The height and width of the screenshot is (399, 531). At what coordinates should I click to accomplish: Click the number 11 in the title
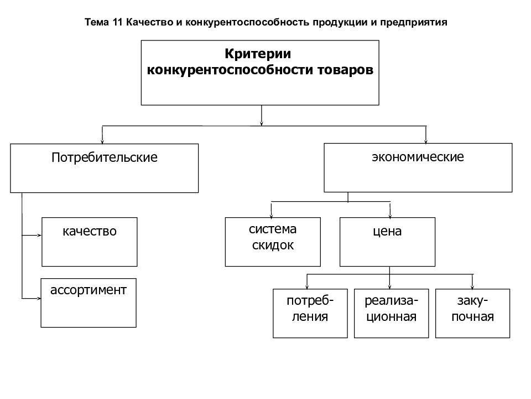(117, 22)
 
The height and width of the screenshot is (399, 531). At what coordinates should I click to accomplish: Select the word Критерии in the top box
(258, 54)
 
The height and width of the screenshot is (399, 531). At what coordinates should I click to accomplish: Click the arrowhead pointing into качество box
(39, 235)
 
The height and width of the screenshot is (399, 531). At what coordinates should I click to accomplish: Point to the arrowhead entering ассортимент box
(39, 299)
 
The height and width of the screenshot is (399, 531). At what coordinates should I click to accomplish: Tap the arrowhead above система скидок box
(271, 215)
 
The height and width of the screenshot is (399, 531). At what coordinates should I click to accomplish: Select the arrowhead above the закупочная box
(472, 287)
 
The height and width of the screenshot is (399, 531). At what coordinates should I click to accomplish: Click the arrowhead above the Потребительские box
(102, 141)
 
